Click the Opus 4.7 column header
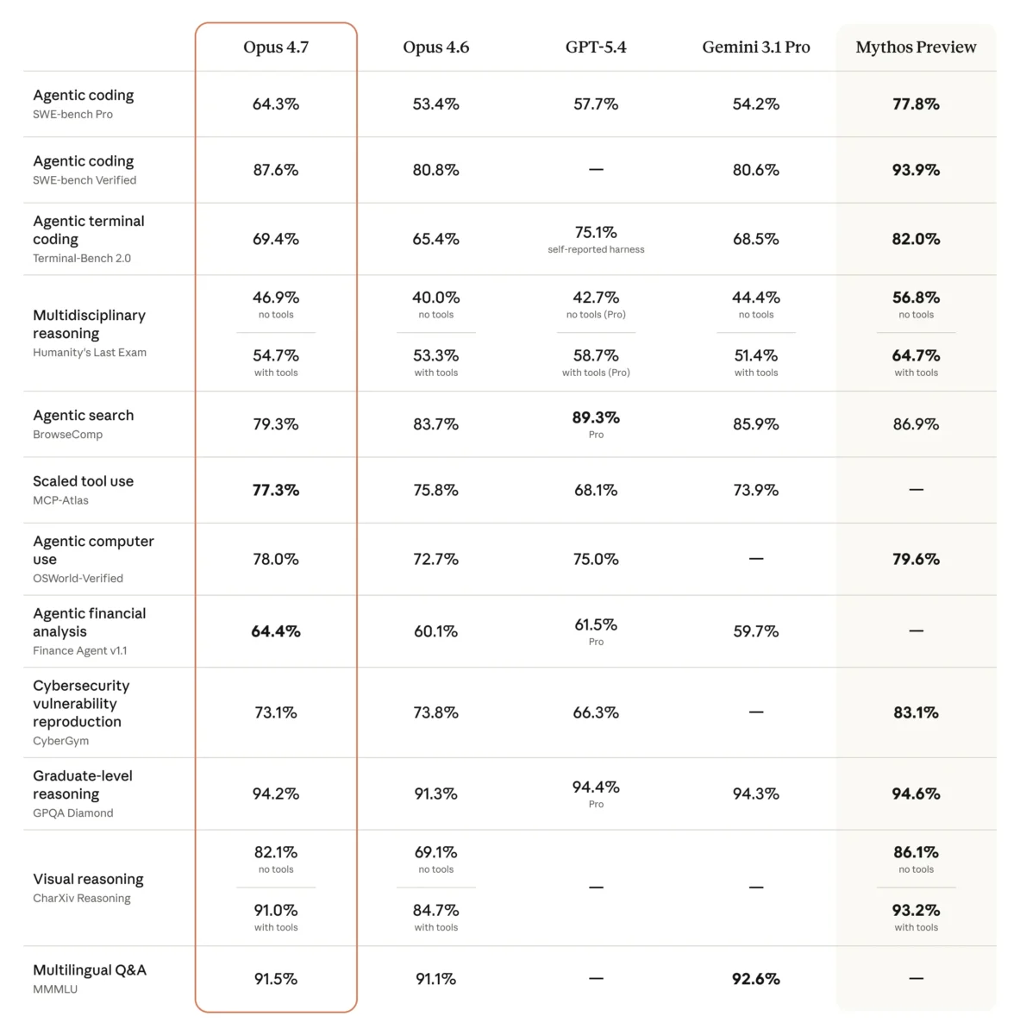(x=275, y=47)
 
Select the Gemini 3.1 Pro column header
(x=755, y=47)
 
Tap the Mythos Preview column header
(x=916, y=47)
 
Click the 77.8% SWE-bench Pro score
(x=916, y=104)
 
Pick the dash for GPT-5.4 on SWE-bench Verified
(x=596, y=170)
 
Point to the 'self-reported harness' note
(x=596, y=250)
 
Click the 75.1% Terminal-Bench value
(x=596, y=233)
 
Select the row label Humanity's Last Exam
(x=90, y=353)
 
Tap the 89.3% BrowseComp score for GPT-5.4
(x=596, y=417)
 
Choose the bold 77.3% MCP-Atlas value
(x=275, y=491)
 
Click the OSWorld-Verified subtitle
(x=78, y=579)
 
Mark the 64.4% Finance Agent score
(x=275, y=632)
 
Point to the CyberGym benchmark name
(x=60, y=741)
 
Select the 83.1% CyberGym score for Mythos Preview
(x=916, y=713)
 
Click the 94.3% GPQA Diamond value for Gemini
(x=755, y=794)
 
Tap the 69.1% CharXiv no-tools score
(x=435, y=853)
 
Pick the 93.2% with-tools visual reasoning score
(x=916, y=911)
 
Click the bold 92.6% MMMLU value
(x=755, y=980)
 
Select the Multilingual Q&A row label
(x=90, y=970)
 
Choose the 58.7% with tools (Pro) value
(x=596, y=356)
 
